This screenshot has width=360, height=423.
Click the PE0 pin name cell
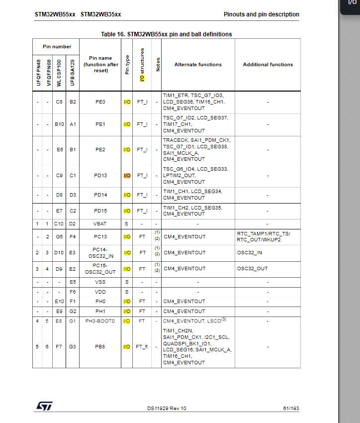click(100, 102)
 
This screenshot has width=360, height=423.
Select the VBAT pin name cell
click(100, 224)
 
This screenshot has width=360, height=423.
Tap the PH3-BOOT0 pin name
click(100, 321)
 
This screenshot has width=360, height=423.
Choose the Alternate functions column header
click(198, 65)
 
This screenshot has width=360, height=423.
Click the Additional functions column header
click(268, 65)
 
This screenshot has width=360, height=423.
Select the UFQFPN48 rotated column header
click(38, 73)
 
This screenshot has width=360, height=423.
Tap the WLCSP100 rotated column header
click(59, 73)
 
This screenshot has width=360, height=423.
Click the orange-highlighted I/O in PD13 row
click(127, 175)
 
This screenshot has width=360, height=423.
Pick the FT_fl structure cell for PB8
click(142, 346)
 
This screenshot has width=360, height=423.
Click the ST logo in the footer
click(44, 406)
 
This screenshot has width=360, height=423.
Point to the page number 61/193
click(291, 408)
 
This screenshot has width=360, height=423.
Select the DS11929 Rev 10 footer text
click(167, 408)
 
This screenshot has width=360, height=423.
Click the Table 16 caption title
click(166, 34)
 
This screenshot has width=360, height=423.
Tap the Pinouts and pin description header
click(261, 14)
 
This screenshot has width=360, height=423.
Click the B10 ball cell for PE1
click(59, 124)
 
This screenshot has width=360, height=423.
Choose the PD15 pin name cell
click(100, 211)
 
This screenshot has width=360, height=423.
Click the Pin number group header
click(57, 47)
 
